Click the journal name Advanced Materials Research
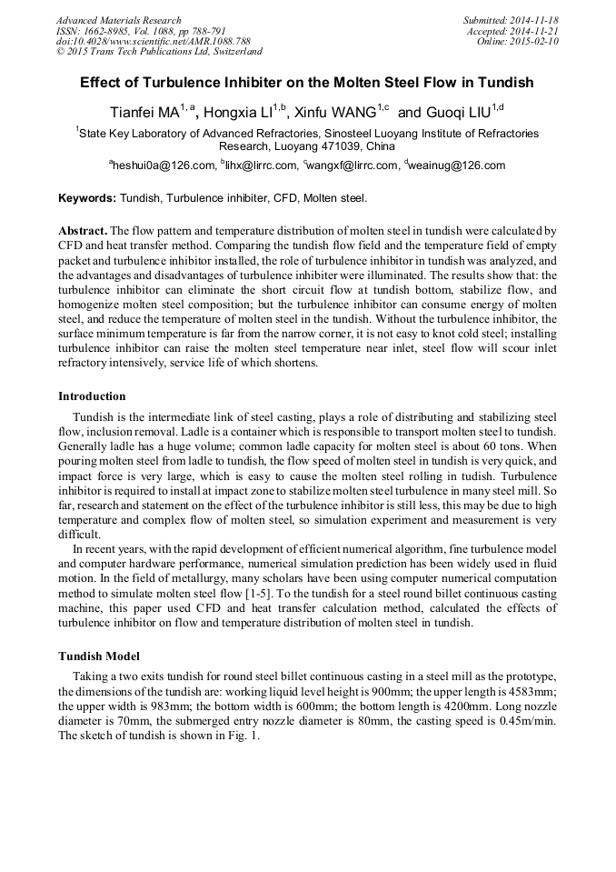pos(118,20)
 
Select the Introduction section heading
pos(92,396)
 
